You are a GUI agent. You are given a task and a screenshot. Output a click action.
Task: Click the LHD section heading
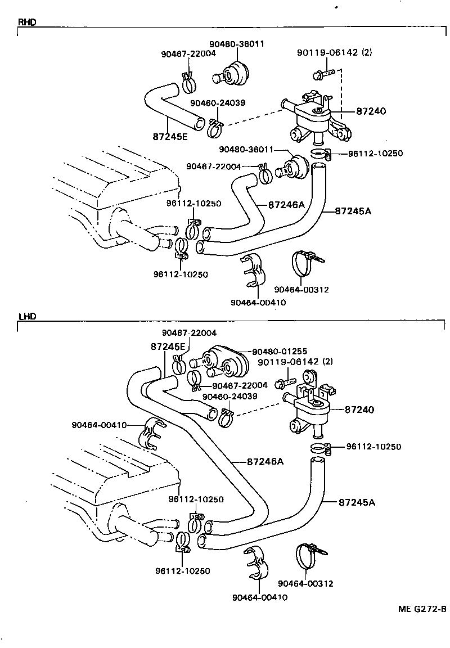[x=26, y=317]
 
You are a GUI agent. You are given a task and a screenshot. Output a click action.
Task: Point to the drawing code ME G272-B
[x=422, y=610]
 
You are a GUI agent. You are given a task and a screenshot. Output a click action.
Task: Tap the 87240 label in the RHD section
[x=371, y=111]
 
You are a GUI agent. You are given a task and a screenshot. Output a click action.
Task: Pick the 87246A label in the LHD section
[x=265, y=462]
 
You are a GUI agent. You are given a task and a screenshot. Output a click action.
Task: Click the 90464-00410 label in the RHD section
[x=258, y=302]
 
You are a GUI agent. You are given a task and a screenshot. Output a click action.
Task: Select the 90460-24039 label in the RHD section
[x=217, y=103]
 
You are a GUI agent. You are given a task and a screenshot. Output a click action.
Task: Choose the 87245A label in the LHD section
[x=357, y=502]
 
